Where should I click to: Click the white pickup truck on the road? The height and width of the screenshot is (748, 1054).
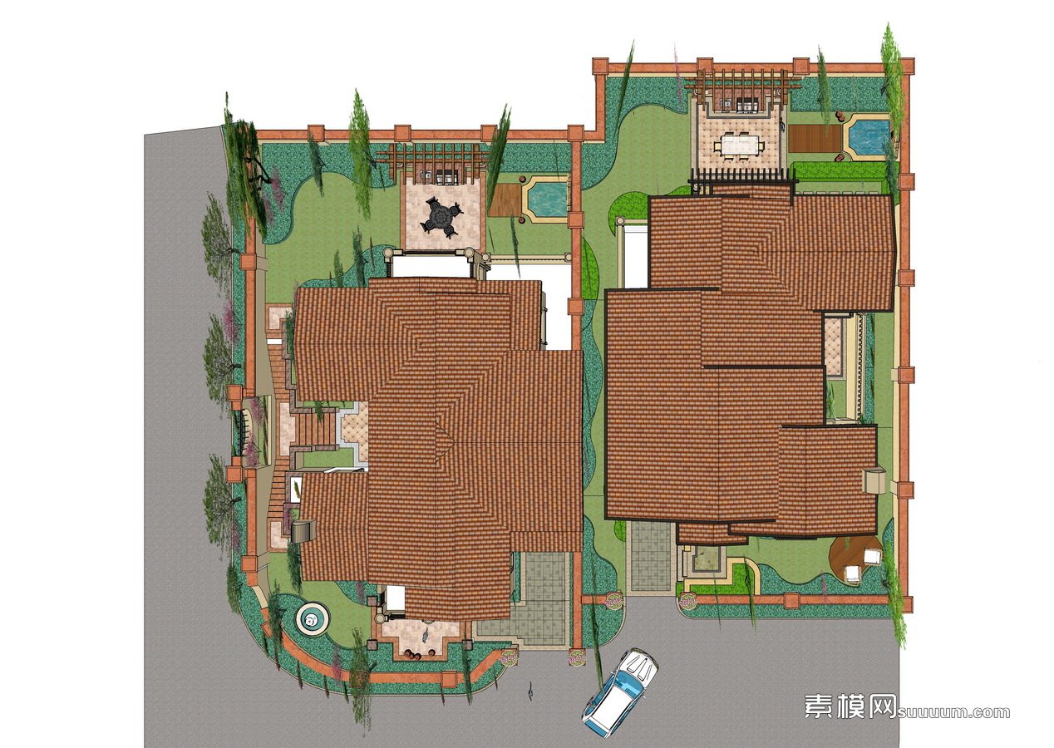point(620,690)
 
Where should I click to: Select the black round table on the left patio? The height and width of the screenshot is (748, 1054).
point(441,217)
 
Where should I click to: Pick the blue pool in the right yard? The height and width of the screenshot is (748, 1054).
point(868,137)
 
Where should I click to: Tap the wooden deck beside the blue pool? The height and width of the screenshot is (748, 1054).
point(815,138)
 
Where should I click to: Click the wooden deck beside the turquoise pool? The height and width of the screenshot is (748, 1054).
point(505,199)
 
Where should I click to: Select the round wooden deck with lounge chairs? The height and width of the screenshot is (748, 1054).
point(854,559)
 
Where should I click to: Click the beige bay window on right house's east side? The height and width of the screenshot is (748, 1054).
point(873,480)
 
